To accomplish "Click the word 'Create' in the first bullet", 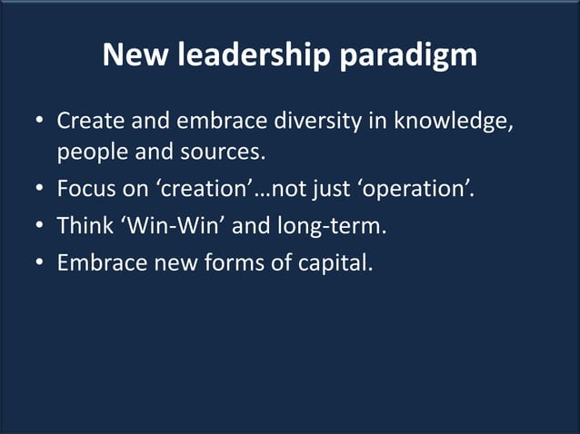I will pos(88,121).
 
